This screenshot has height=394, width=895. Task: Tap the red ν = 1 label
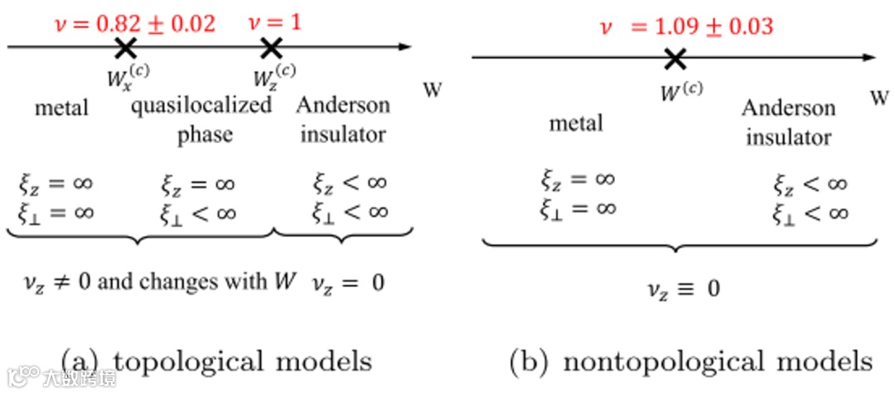coord(275,22)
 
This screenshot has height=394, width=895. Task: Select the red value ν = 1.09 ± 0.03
coord(686,26)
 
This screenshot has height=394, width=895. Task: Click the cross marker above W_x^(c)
coord(125,48)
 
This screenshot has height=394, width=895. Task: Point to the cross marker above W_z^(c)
coord(270,48)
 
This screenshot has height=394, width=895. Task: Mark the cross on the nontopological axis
coord(675,58)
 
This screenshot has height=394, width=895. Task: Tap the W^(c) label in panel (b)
coord(680,89)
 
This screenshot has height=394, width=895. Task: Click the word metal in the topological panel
coord(61,108)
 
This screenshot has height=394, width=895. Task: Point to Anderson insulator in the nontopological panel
coord(788,122)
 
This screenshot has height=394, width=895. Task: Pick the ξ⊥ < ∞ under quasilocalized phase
coord(198,213)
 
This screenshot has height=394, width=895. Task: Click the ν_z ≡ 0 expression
coord(682,289)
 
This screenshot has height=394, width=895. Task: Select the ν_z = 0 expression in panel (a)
coord(348,281)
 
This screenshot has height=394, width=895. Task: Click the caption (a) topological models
coord(217,362)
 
